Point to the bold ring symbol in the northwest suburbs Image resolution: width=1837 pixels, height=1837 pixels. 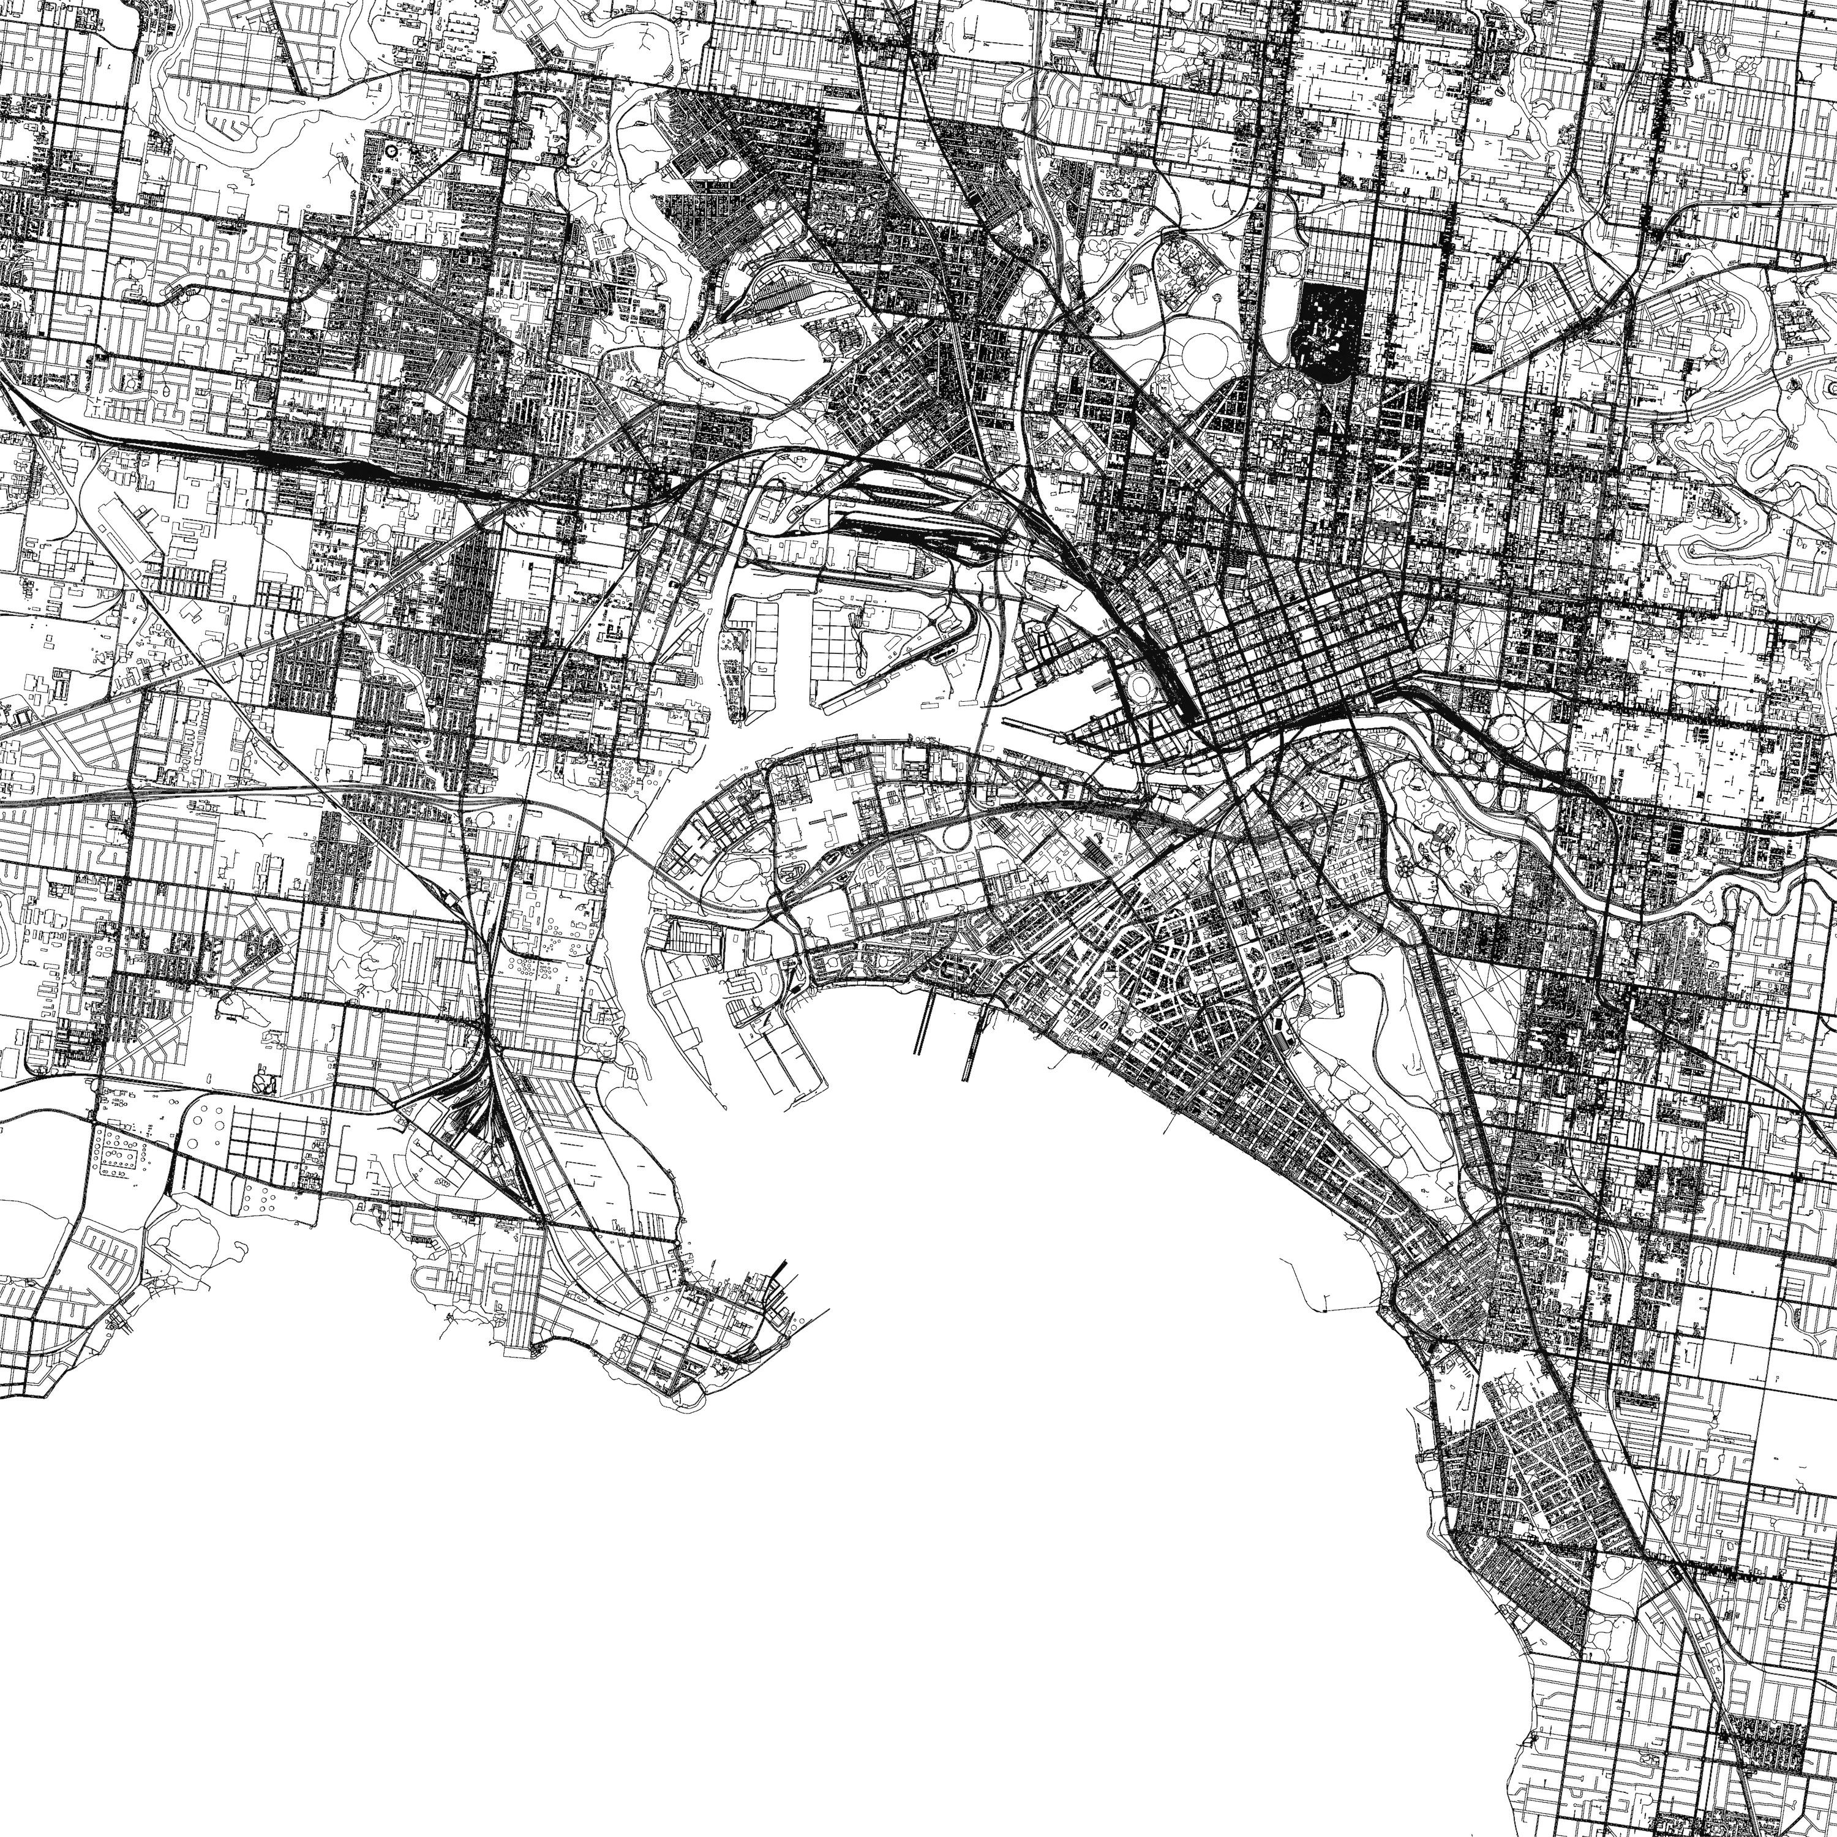point(393,150)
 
